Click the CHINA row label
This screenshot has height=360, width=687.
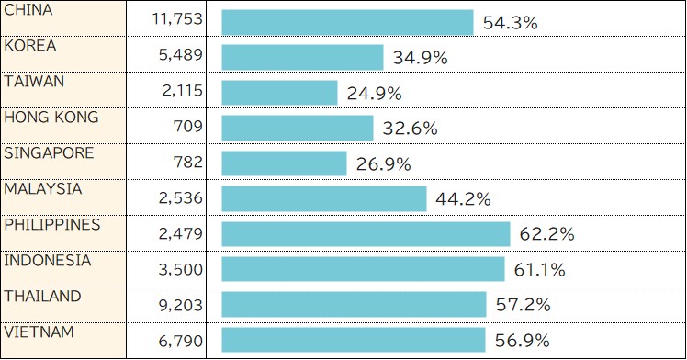[28, 10]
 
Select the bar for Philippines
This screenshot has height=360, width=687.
[366, 234]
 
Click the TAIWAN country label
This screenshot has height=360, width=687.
[34, 82]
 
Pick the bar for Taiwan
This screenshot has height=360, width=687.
[279, 93]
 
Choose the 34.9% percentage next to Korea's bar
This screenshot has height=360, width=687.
[420, 58]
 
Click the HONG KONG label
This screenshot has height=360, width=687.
[51, 118]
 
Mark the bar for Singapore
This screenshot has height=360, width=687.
[284, 164]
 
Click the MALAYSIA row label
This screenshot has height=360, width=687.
[42, 189]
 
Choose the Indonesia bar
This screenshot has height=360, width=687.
[363, 269]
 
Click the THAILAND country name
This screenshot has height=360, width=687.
[42, 297]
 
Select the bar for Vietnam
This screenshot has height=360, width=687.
[353, 341]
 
